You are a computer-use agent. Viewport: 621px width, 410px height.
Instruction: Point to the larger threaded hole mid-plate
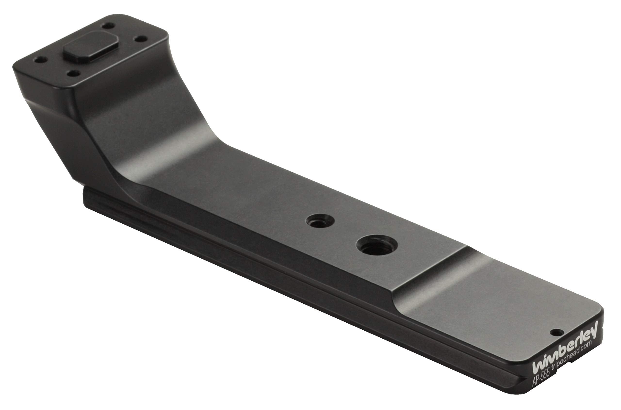377,246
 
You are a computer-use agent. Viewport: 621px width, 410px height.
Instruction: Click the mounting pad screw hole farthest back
108,26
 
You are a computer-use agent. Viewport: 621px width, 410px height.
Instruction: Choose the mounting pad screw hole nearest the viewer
74,74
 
